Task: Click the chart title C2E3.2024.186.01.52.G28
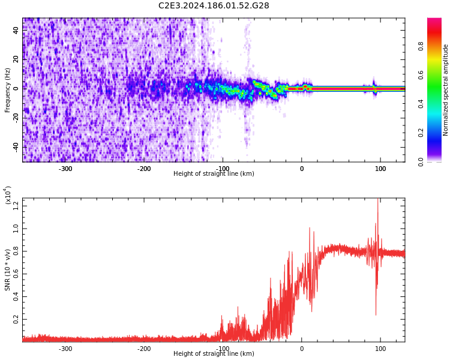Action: [x=214, y=6]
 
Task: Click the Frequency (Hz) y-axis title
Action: [x=8, y=90]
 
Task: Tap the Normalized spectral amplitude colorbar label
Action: [x=446, y=90]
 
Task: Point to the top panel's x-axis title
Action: [x=214, y=174]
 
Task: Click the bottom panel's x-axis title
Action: [x=214, y=354]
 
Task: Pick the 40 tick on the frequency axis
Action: [x=16, y=30]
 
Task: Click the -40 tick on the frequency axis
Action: [x=15, y=146]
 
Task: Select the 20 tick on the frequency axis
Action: [x=16, y=59]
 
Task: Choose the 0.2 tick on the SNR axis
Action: [x=16, y=320]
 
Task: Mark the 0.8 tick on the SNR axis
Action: [x=16, y=252]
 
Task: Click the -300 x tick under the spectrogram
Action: [x=65, y=169]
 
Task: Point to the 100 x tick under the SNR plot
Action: [x=380, y=349]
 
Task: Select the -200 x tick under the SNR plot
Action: [x=144, y=349]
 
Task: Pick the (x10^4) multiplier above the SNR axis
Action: [x=8, y=195]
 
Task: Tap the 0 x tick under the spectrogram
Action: [x=301, y=169]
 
